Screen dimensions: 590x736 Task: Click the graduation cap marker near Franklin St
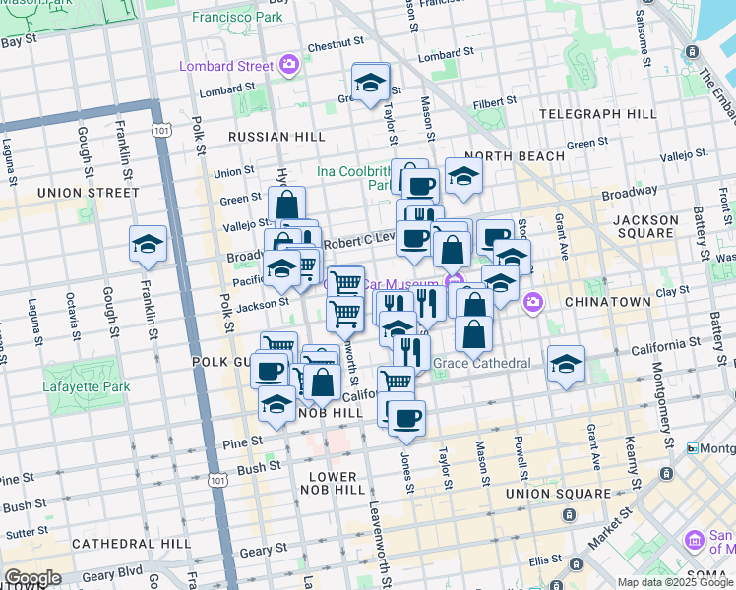148,244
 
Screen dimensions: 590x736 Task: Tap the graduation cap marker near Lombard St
371,83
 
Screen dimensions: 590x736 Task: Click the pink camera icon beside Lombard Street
288,65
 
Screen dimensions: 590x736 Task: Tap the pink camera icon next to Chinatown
532,301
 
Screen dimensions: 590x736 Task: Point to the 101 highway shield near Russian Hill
159,129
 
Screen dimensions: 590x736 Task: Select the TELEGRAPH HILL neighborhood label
598,114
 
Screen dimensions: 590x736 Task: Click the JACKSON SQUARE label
645,228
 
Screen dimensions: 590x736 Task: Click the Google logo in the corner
31,578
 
